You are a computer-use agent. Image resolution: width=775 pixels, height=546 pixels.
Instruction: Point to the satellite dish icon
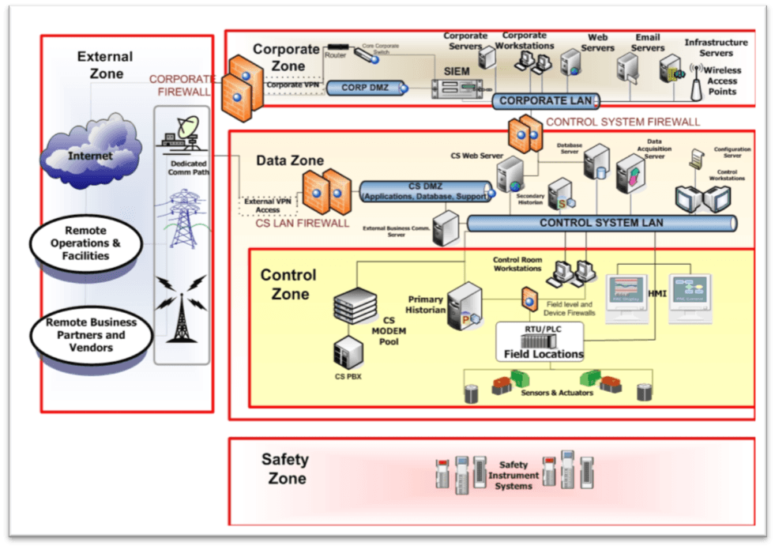pos(182,131)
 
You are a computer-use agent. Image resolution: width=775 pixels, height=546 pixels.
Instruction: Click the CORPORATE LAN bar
pos(546,101)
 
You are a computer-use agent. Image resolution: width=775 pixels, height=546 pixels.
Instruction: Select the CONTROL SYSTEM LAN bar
pos(601,223)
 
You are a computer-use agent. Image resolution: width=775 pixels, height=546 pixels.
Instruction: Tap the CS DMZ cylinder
pos(426,190)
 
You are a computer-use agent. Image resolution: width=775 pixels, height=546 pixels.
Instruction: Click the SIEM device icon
pos(457,88)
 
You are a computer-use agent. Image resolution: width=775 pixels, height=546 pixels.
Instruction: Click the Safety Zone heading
pos(284,469)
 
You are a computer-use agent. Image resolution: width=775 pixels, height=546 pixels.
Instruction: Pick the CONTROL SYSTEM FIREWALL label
pos(623,122)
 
